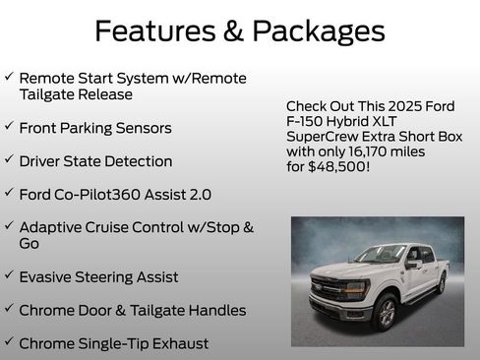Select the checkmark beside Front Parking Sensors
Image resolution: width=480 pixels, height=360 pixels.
(x=9, y=127)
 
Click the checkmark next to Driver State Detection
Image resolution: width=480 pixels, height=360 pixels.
(x=9, y=159)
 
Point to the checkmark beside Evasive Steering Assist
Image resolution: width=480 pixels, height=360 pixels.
(x=9, y=276)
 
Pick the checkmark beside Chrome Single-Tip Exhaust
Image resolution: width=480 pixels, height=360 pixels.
(x=9, y=341)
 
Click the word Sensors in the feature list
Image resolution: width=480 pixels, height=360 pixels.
(x=142, y=128)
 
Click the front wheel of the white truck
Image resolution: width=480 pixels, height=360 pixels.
(x=387, y=312)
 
